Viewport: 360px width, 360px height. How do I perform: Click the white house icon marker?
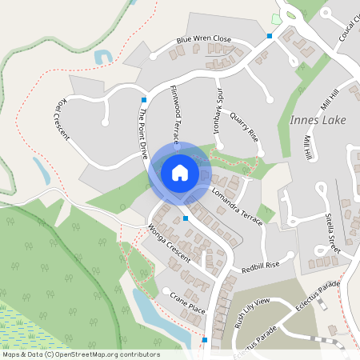pyautogui.click(x=180, y=172)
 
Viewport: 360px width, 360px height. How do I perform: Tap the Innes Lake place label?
pyautogui.click(x=312, y=120)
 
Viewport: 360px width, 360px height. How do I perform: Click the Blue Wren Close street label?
pyautogui.click(x=204, y=38)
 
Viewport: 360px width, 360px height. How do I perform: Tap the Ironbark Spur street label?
pyautogui.click(x=218, y=107)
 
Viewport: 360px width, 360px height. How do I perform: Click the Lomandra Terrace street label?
pyautogui.click(x=237, y=206)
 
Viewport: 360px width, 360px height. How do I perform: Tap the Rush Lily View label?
pyautogui.click(x=251, y=311)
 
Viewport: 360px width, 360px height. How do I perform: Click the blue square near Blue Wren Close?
pyautogui.click(x=270, y=36)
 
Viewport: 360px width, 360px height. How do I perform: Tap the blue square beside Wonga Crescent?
pyautogui.click(x=186, y=218)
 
